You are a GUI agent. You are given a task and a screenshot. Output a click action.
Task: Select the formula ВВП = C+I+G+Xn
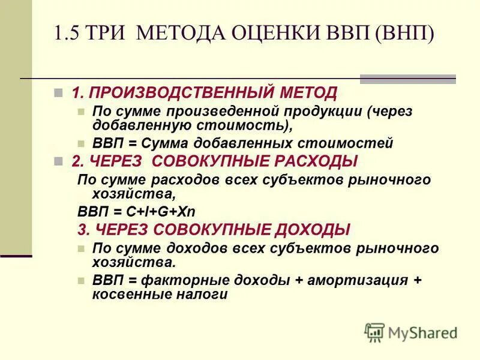pos(137,212)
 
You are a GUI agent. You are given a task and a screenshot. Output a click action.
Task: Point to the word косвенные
pos(128,294)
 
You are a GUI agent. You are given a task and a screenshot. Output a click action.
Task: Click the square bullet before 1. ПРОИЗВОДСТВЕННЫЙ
pos(58,94)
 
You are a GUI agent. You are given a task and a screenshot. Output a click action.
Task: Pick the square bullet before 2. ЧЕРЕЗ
pos(58,161)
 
